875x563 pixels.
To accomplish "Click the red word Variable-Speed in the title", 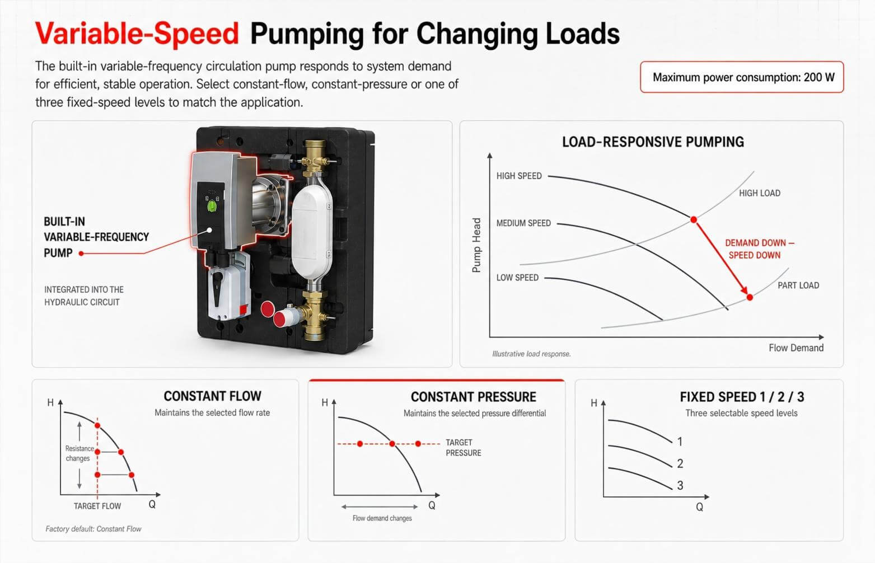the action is (137, 33).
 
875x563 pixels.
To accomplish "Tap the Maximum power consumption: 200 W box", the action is (742, 77).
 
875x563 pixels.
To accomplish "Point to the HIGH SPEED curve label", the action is (519, 176).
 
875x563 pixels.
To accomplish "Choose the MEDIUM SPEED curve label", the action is (523, 223).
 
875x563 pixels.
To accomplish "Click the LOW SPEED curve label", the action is (518, 278).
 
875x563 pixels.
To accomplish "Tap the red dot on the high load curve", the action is (694, 220).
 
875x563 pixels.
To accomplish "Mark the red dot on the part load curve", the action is (750, 298).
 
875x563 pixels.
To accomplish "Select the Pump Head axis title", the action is (476, 245).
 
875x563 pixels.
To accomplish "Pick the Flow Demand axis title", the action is (796, 348).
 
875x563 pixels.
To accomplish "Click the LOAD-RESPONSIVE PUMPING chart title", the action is (653, 142).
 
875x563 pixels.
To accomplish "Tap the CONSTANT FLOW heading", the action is (213, 396).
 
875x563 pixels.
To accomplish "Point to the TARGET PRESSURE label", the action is (464, 448).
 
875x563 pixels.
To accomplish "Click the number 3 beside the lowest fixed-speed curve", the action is (680, 485).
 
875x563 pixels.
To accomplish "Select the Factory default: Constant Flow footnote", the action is (93, 529).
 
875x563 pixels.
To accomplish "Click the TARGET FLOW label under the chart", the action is (97, 506).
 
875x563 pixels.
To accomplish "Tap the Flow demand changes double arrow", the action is (380, 507).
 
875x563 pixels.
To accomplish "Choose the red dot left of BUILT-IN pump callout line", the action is (81, 254).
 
